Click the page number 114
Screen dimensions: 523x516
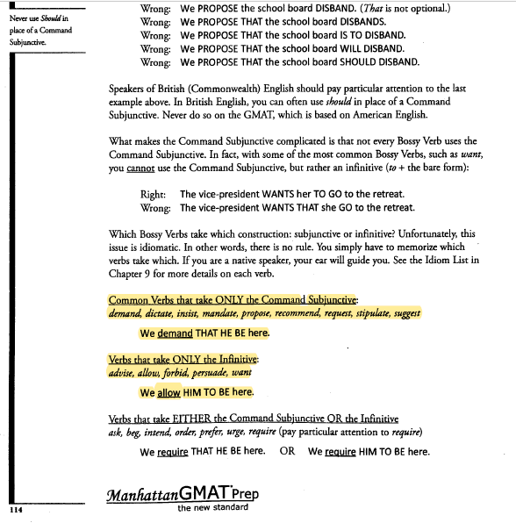coord(15,508)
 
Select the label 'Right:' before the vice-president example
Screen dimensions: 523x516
coord(154,193)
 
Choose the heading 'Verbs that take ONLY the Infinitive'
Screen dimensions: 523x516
coord(183,360)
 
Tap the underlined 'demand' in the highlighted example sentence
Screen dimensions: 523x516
coord(175,333)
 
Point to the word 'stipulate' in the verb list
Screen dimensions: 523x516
coord(369,313)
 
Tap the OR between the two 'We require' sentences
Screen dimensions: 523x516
coord(286,451)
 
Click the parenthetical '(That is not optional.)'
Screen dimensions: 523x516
coord(398,9)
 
